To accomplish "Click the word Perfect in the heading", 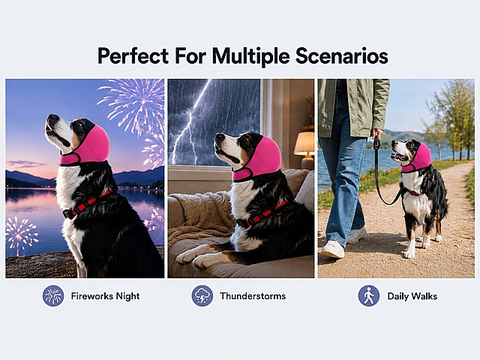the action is coord(133,56).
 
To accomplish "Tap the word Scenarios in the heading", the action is coord(342,56).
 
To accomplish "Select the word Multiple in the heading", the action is coord(250,56).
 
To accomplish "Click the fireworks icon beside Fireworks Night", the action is coord(53,295).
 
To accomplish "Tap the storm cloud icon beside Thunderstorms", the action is coord(202,295).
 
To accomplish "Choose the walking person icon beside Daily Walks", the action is coord(369,295).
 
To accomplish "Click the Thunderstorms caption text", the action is coord(253,296).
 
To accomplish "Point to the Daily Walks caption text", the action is coord(412,296).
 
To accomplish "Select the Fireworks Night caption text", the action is coord(105,296).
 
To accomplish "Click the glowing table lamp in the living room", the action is coord(304,149).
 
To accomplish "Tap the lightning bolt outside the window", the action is coord(189,122).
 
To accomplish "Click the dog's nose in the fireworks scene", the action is coord(52,118).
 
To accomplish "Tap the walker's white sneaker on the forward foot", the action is coord(332,249).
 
